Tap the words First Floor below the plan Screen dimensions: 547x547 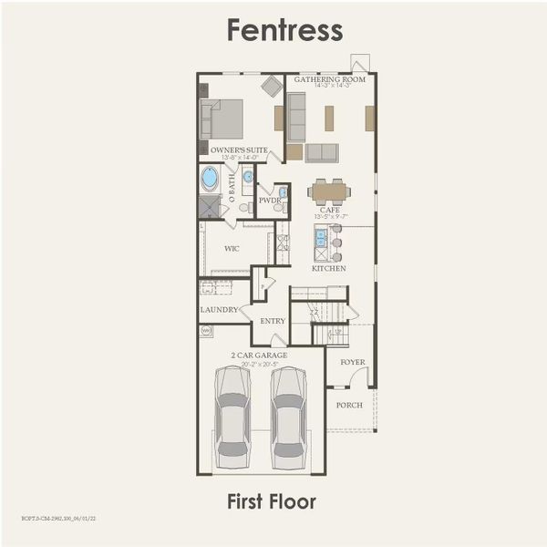pos(272,501)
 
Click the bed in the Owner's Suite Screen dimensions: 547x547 pos(223,119)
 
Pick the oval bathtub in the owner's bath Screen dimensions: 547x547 pos(210,178)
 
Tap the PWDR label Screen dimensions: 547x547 pos(268,201)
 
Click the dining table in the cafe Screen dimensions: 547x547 pos(329,191)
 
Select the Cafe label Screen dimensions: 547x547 pos(330,211)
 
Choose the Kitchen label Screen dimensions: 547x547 pos(329,269)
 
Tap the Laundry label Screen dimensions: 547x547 pos(219,310)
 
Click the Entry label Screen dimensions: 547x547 pos(273,321)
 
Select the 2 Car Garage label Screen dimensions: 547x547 pos(261,355)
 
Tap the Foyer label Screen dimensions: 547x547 pos(353,362)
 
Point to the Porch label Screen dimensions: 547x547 pos(349,405)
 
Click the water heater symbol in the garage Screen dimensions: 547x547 pos(206,332)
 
